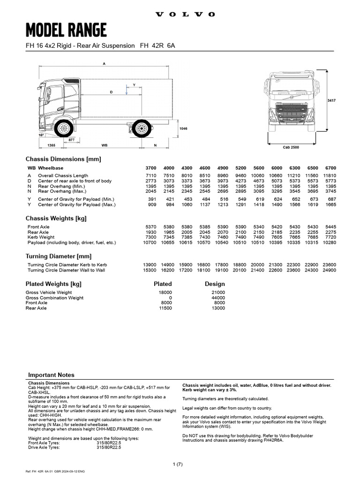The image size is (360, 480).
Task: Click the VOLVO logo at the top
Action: (x=185, y=15)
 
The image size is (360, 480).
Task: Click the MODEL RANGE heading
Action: (x=66, y=31)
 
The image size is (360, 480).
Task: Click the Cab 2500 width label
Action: (x=291, y=148)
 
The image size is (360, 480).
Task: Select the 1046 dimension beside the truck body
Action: (x=184, y=128)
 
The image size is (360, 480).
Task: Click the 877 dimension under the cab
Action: (x=71, y=140)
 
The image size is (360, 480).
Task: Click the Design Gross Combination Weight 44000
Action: (x=218, y=298)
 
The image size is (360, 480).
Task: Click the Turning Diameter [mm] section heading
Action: (x=58, y=256)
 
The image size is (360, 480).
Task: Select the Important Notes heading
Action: (x=51, y=375)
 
